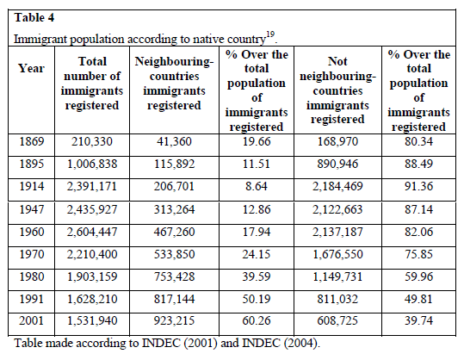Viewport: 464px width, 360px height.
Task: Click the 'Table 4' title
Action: coord(34,18)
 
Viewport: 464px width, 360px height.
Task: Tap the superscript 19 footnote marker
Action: coord(270,34)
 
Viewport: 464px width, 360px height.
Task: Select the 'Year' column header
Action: coord(31,68)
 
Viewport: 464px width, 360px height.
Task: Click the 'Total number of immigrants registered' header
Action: coord(92,84)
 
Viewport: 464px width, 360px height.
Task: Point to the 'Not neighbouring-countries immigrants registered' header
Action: coord(337,90)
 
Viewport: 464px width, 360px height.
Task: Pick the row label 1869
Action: coord(32,141)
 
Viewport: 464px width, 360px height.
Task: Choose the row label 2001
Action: coord(31,320)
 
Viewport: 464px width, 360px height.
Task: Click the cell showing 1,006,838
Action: coord(92,164)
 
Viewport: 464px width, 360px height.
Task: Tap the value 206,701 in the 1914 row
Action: coord(174,187)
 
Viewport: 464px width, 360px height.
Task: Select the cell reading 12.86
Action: coord(257,209)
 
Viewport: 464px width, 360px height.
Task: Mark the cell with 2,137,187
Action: coord(337,232)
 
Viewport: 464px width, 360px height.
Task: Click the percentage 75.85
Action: coord(418,254)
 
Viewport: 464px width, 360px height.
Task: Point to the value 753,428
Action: coord(174,276)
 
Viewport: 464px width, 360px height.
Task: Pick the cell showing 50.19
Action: coord(257,299)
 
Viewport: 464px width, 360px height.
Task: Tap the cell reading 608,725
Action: coord(337,320)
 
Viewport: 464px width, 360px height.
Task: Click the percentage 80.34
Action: coord(418,141)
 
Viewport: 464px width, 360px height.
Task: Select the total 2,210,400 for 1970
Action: coord(92,254)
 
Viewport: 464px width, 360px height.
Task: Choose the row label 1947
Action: coord(32,209)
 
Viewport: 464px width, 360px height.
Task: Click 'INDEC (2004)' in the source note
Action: coord(280,343)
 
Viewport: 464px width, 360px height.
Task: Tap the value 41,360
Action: coord(174,141)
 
